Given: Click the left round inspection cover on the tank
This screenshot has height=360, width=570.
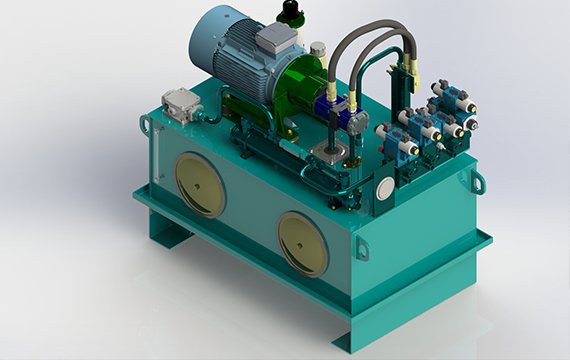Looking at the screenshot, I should coord(200,184).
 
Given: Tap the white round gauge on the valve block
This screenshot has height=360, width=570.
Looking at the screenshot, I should coord(385,187).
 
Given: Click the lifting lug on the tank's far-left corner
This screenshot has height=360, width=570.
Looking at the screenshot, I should coord(147,124).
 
